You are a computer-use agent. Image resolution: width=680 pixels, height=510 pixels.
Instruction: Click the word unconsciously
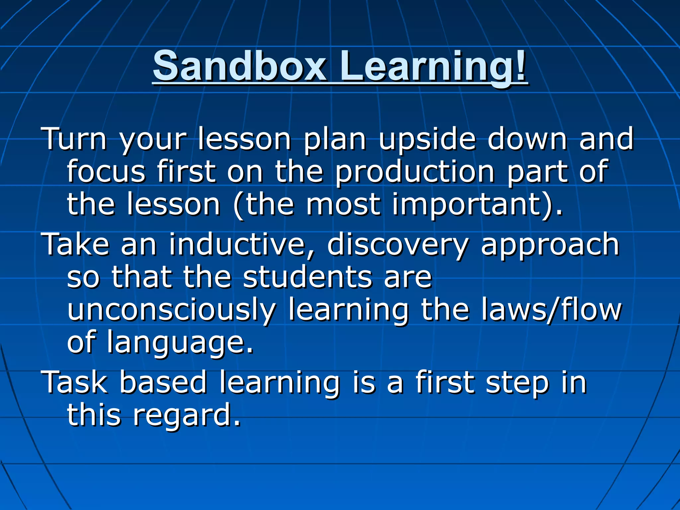click(171, 310)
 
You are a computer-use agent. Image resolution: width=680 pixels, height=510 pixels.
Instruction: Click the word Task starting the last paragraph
click(75, 383)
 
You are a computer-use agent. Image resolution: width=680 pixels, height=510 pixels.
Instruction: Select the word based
click(163, 383)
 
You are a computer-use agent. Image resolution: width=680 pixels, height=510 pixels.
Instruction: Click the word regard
click(186, 416)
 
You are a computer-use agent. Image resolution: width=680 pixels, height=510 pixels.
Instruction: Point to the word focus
click(106, 172)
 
